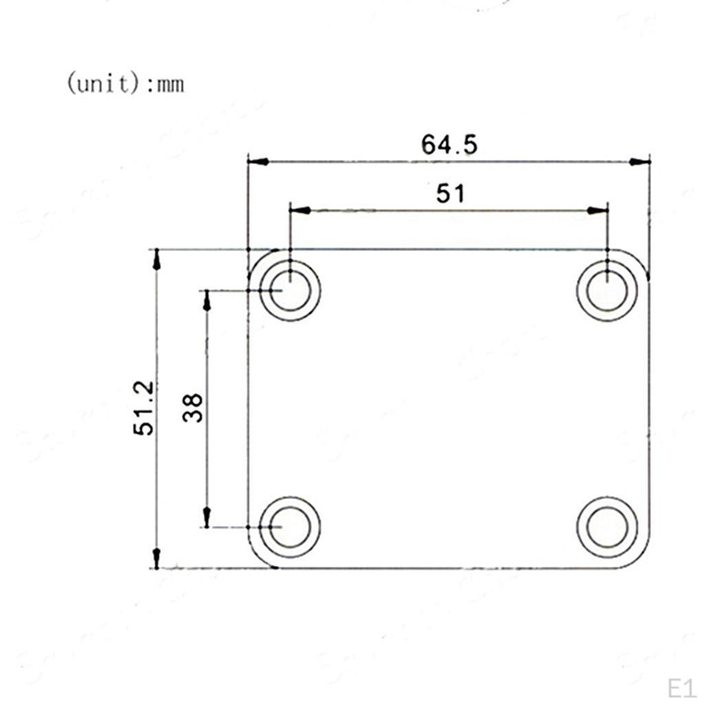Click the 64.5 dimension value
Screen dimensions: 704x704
[449, 144]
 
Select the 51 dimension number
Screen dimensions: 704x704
[450, 194]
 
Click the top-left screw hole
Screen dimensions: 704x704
[290, 290]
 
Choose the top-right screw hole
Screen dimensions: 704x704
[607, 290]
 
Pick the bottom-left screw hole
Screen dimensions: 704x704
[290, 527]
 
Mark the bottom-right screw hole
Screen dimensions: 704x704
[607, 527]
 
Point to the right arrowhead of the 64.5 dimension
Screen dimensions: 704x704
[640, 162]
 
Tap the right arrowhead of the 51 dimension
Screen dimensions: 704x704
[598, 210]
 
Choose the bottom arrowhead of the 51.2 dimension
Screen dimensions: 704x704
[157, 558]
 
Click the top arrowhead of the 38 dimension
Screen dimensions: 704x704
[206, 300]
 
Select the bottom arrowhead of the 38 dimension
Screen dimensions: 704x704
[206, 517]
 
